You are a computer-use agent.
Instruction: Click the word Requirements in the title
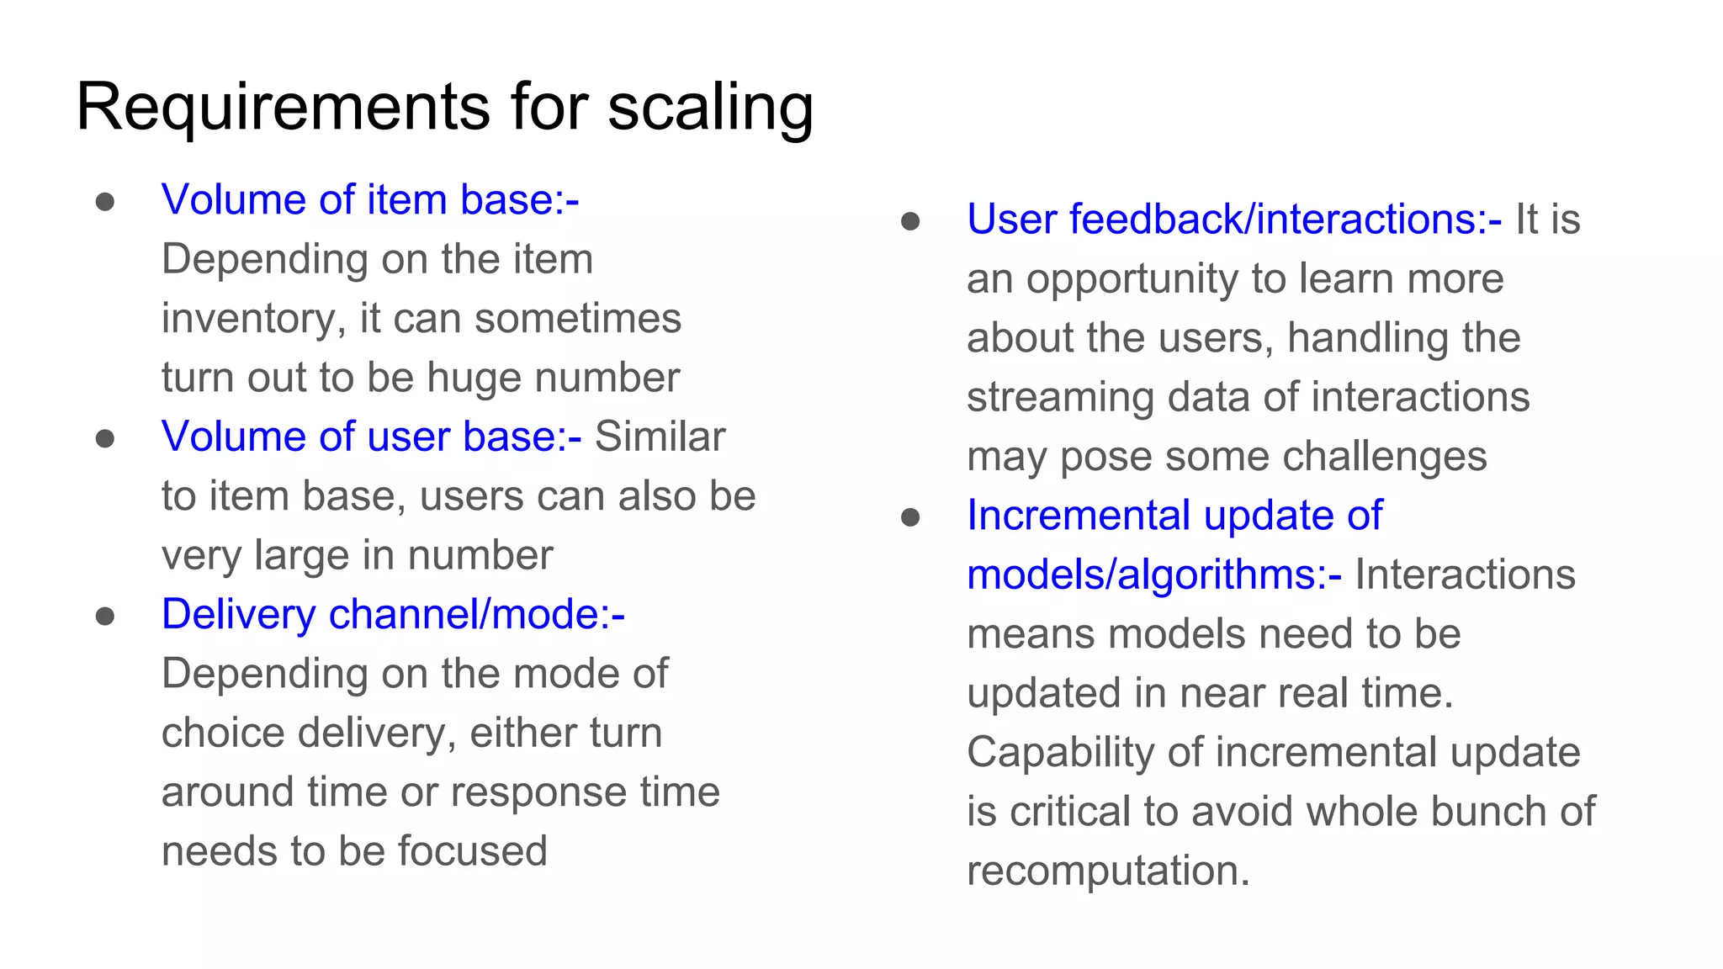[283, 108]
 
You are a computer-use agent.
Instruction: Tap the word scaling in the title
[710, 108]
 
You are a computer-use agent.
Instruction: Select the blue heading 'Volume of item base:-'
[370, 200]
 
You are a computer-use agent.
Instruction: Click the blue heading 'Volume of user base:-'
[371, 437]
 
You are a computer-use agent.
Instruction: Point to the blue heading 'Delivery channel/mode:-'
[393, 614]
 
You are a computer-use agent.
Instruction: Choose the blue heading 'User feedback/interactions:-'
[1233, 220]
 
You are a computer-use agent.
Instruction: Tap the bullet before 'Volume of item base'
[105, 202]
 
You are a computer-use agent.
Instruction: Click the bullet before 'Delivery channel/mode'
[105, 617]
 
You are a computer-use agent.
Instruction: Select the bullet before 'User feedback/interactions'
[910, 221]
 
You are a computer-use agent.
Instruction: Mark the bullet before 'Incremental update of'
[910, 517]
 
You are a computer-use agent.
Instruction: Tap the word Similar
[660, 437]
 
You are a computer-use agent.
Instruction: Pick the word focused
[472, 851]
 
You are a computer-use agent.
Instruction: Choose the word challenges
[1384, 457]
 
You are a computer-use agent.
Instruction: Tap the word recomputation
[1108, 871]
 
